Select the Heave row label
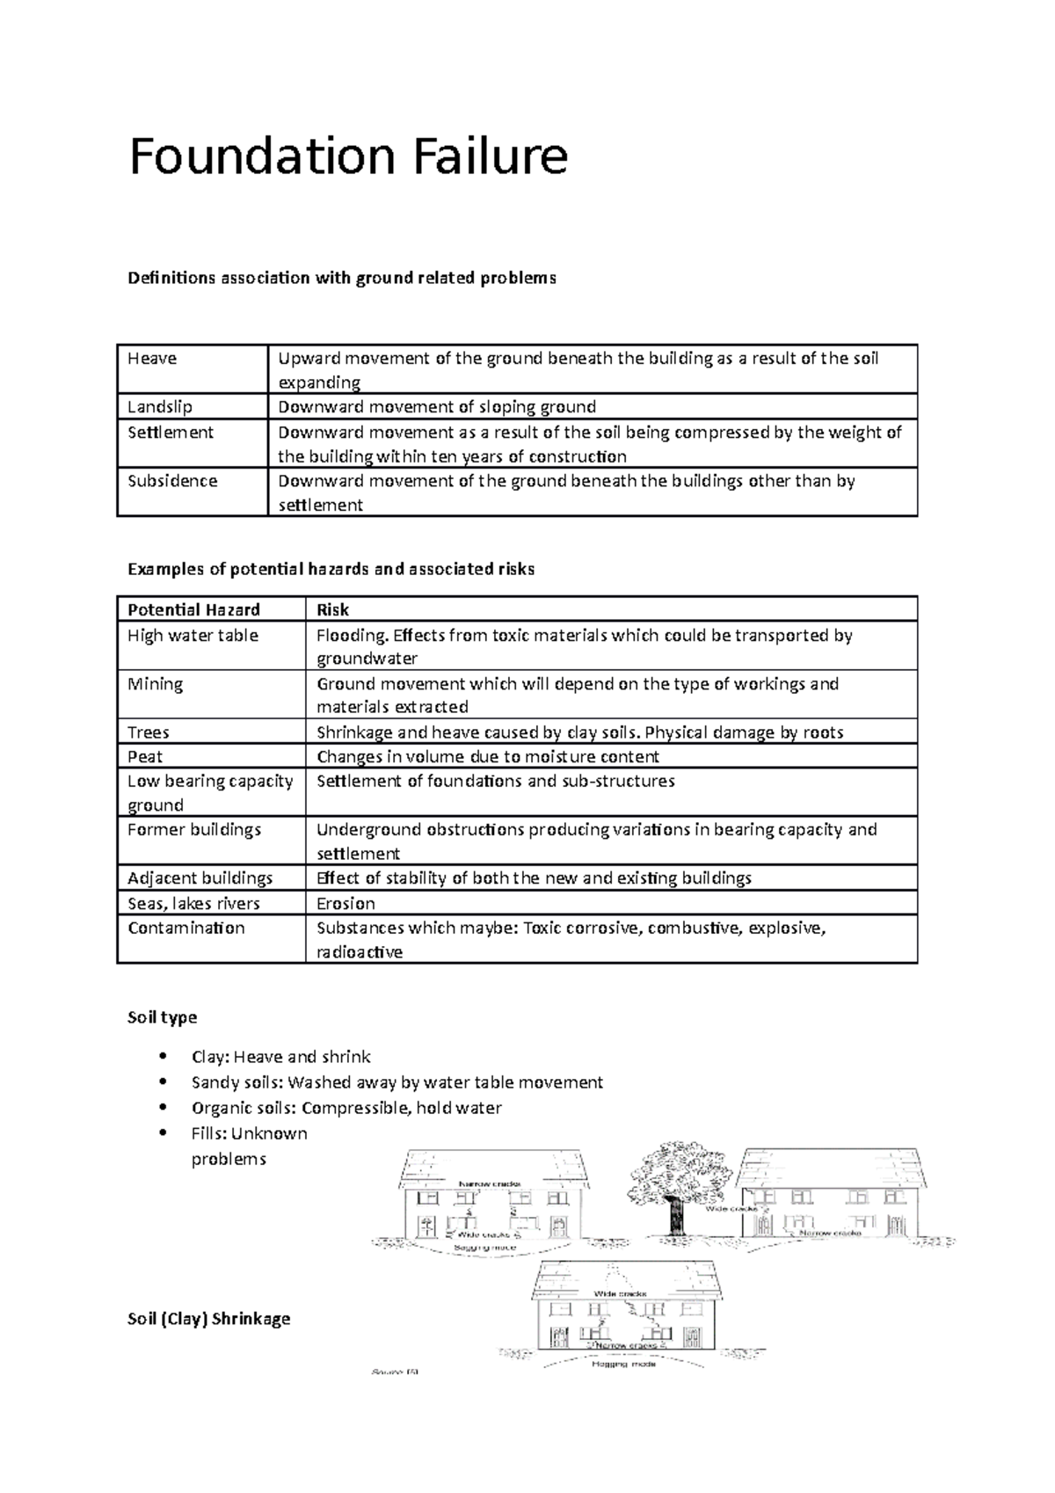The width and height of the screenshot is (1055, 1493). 152,358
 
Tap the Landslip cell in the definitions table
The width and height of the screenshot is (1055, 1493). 160,406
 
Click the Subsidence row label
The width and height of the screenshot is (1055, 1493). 172,481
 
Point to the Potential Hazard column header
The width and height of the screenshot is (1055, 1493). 193,609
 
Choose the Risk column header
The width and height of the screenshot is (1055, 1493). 332,609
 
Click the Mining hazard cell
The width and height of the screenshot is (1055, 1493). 155,683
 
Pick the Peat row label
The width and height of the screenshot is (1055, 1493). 145,756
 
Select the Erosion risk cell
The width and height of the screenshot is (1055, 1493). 346,903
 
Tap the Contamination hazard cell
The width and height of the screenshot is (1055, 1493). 186,928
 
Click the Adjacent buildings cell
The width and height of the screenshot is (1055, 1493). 200,878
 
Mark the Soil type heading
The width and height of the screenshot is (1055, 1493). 162,1017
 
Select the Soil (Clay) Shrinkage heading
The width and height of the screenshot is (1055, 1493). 208,1318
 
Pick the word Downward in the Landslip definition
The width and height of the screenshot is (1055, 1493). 320,406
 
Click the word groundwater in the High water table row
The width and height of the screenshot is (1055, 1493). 367,659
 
